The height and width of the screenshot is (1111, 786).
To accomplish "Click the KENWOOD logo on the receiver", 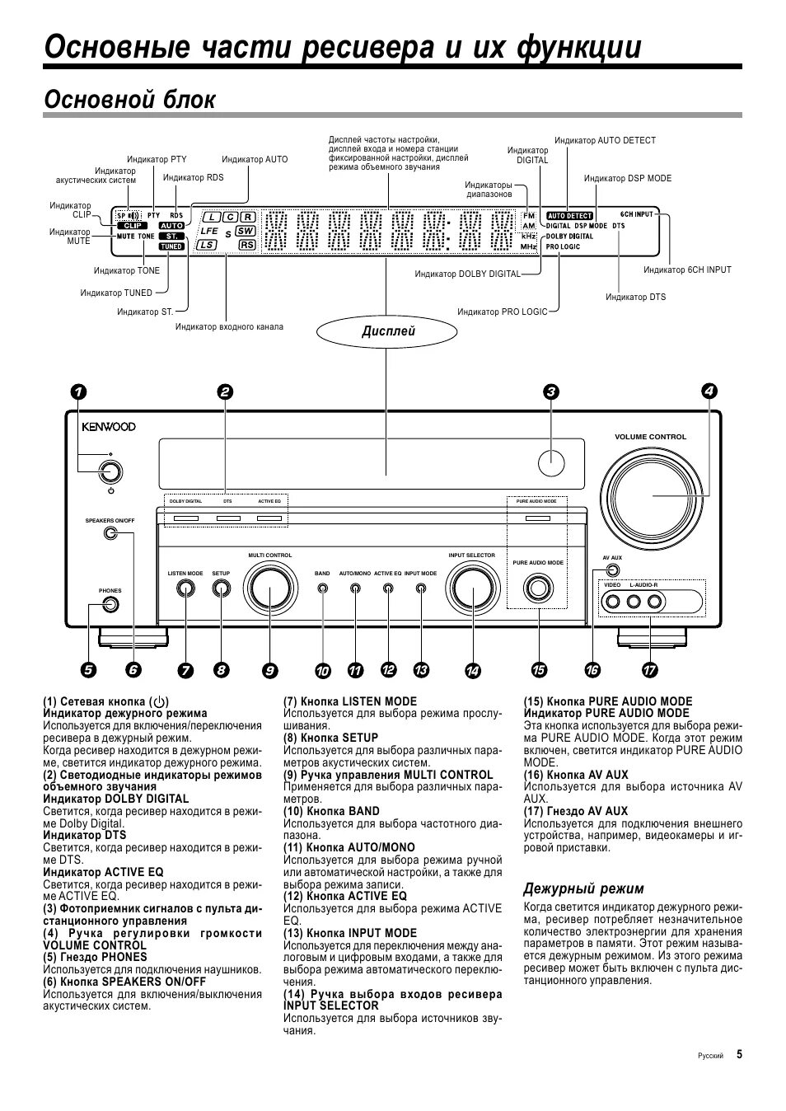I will (x=109, y=427).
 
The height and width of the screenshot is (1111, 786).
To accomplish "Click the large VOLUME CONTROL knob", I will (x=651, y=495).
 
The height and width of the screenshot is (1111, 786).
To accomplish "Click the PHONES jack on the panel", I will (x=110, y=604).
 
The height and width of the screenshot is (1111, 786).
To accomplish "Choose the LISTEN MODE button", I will (x=185, y=588).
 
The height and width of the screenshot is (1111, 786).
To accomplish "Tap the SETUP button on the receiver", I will (x=221, y=588).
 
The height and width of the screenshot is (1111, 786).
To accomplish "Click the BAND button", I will (x=322, y=589).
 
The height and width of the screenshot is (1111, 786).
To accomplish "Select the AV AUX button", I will (x=612, y=570).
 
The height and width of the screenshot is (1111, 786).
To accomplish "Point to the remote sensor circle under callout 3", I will (x=551, y=462).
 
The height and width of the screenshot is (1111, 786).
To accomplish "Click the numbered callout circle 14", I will (x=473, y=671).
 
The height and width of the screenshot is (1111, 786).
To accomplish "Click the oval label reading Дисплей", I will (x=389, y=331).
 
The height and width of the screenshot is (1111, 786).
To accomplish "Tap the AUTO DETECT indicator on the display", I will (x=569, y=216).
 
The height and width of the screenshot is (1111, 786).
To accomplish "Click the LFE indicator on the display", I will (x=209, y=232).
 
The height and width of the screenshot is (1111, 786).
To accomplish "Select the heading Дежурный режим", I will (x=584, y=888).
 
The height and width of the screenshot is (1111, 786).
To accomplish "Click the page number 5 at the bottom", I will (x=739, y=1054).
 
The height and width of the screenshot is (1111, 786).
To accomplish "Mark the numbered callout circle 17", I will (x=650, y=671).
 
